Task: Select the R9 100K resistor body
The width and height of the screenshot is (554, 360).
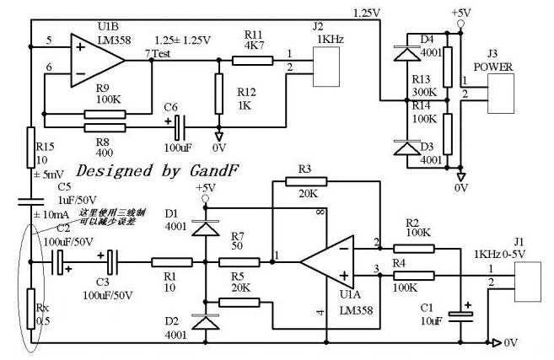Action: (x=105, y=115)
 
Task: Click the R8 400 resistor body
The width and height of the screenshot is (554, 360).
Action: (x=105, y=128)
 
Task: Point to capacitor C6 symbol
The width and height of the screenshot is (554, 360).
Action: (x=176, y=128)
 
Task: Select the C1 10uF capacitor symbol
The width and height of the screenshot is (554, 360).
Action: (x=462, y=315)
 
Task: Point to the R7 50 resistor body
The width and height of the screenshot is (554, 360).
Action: (x=238, y=263)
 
